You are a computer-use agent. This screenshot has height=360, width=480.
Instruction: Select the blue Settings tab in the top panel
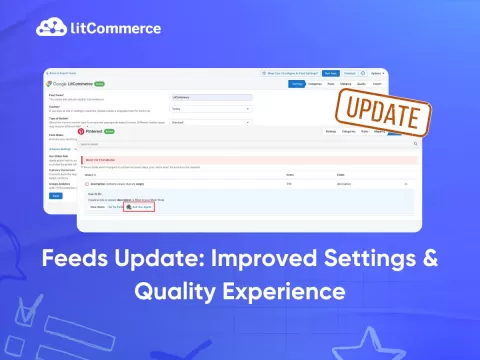(296, 83)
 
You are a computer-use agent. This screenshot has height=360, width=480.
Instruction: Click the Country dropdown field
(212, 108)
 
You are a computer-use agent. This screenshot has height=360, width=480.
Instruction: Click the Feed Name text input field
(212, 97)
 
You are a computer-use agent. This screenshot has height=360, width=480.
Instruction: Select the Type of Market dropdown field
(212, 122)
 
